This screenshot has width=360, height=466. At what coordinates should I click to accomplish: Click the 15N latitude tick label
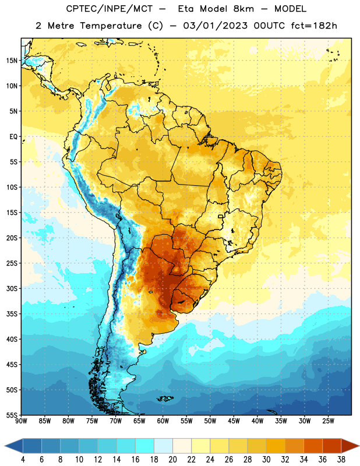tap(12, 61)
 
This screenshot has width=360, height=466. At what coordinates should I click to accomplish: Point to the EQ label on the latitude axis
tap(13, 137)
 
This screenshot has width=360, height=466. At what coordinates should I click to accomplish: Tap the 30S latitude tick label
tap(12, 288)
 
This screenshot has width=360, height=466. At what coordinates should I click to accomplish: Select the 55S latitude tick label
tap(12, 415)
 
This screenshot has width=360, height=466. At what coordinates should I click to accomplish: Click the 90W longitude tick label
tap(21, 421)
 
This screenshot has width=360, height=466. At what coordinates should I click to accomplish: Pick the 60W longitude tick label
tap(163, 421)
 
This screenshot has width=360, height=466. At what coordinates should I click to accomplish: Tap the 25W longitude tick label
tap(328, 421)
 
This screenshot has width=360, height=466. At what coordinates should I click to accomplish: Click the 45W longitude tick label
tap(234, 421)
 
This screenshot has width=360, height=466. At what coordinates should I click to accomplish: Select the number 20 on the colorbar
tap(172, 460)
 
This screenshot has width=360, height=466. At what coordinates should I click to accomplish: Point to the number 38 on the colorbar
tap(341, 460)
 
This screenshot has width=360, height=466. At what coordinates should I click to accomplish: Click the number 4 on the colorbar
tap(23, 460)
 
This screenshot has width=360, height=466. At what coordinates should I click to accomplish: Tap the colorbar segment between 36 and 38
tap(332, 446)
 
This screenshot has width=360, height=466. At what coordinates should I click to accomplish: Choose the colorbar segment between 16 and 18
tap(144, 446)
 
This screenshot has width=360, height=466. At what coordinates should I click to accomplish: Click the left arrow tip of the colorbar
tap(5, 446)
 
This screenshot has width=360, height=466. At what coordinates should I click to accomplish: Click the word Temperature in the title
tap(111, 26)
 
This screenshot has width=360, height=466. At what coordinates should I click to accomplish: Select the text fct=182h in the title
tap(314, 26)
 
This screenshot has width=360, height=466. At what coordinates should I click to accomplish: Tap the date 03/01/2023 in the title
tap(215, 26)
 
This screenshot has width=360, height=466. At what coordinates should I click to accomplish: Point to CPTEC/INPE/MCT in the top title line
tap(109, 9)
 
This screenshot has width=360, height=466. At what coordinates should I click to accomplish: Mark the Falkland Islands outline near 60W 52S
tap(165, 398)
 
